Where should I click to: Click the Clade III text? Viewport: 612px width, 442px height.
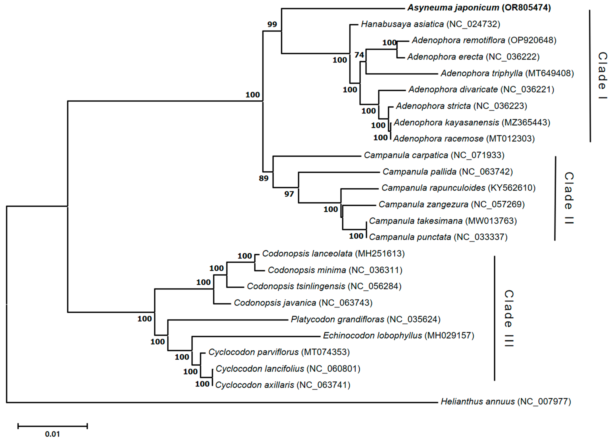(x=508, y=318)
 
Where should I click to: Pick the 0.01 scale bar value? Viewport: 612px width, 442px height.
(x=52, y=434)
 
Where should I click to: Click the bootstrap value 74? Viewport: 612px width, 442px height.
(x=359, y=55)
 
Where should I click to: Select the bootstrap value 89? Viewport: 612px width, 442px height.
(x=264, y=178)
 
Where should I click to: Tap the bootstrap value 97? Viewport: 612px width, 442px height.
(x=289, y=194)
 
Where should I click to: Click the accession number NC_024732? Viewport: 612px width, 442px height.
(x=473, y=24)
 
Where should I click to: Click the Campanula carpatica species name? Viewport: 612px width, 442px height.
(x=406, y=155)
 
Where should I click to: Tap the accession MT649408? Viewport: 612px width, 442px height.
(x=549, y=73)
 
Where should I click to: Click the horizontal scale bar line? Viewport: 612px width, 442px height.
(x=52, y=426)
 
